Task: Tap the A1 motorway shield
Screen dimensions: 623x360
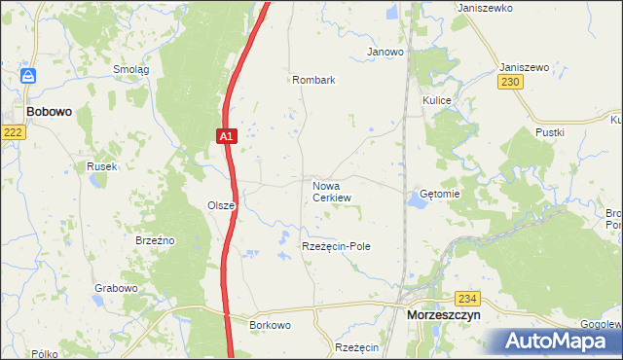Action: coord(226,137)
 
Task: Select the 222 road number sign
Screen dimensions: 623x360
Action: coord(12,131)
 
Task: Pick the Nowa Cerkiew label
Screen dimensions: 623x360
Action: coord(331,191)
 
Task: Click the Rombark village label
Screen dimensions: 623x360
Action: coord(313,81)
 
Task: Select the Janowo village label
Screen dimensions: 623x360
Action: coord(385,52)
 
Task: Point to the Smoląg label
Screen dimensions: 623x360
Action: coord(131,69)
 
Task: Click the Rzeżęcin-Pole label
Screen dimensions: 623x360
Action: coord(336,247)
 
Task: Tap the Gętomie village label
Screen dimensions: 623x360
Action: coord(439,194)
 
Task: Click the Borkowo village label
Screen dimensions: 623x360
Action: coord(271,324)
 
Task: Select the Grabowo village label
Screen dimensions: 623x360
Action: coord(116,289)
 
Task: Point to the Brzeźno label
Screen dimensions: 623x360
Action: coord(155,238)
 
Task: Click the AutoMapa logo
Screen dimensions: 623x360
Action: coord(558,341)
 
